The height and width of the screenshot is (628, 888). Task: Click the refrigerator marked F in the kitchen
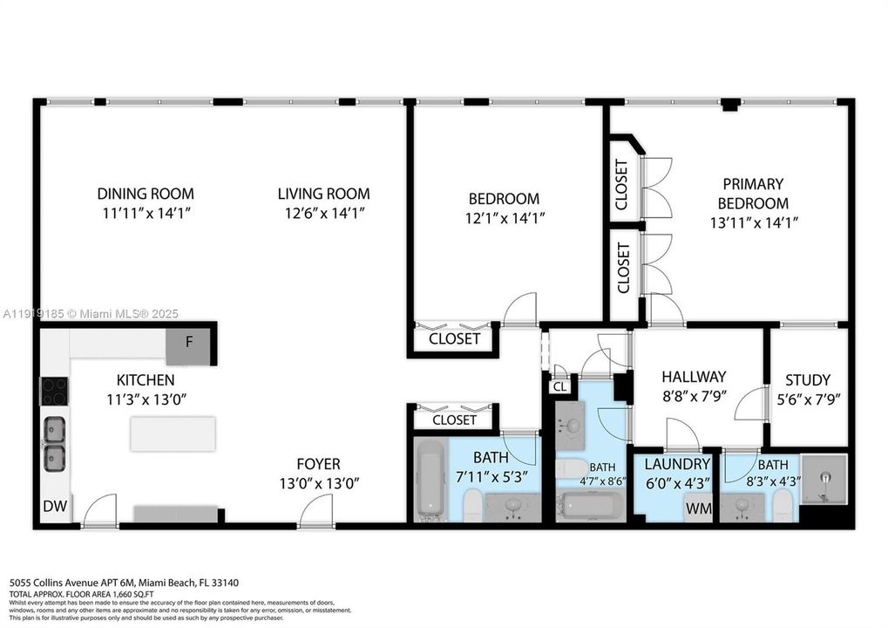tap(189, 343)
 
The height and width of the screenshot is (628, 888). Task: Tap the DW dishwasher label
tap(54, 506)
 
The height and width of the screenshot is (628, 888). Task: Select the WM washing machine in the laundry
tap(697, 506)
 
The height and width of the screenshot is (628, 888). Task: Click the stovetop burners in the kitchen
tap(54, 390)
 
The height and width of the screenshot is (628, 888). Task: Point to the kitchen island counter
tap(173, 433)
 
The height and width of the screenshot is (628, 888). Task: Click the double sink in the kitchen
tap(54, 443)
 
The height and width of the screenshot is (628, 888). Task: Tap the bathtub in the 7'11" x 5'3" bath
tap(430, 480)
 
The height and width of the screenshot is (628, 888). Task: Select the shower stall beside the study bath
tap(824, 478)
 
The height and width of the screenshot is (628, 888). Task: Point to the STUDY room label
tap(808, 380)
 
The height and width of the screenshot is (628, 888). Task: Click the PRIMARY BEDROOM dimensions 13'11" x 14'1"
tap(753, 222)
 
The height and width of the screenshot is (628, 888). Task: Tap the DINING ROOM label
tap(146, 194)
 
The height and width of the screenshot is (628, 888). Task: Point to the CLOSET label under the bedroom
tap(455, 338)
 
